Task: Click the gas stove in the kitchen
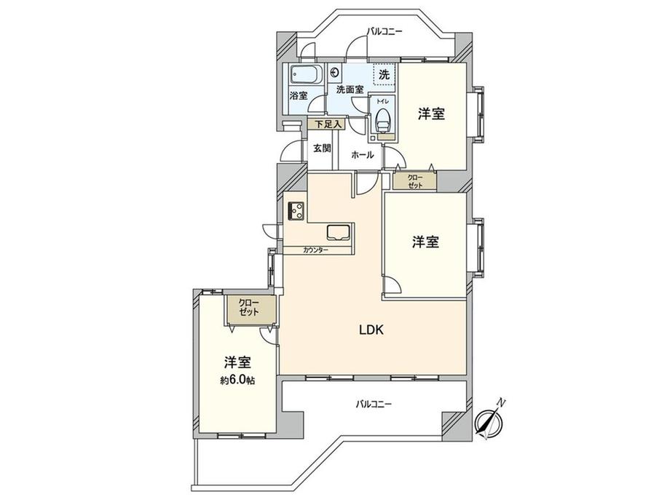[297, 211]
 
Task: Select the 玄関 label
[322, 147]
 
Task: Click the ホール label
[362, 155]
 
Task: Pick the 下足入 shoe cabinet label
[324, 124]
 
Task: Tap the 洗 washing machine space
[384, 74]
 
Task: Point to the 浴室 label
[298, 95]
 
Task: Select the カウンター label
[316, 250]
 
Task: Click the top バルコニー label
[384, 31]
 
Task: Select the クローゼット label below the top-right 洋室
[414, 180]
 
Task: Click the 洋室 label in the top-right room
[431, 114]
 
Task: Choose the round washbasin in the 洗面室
[335, 72]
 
